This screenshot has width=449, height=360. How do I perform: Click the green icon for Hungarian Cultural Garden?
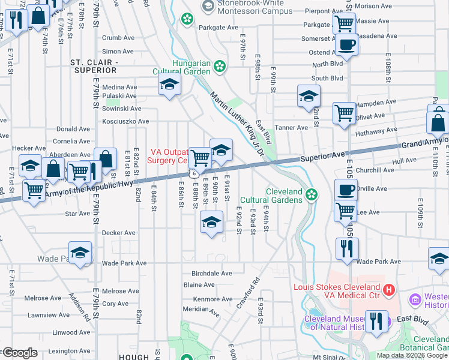pos(220,66)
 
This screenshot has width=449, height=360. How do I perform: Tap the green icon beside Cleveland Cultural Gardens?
pos(311,194)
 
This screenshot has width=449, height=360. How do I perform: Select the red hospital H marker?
pos(388,291)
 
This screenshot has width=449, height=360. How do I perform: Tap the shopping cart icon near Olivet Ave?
pos(345,112)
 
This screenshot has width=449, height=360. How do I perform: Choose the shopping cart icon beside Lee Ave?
pos(345,211)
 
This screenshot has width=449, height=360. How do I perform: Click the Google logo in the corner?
pos(19,353)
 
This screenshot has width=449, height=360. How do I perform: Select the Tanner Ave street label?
pos(291,128)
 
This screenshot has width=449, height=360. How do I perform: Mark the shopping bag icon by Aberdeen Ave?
pos(105,160)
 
